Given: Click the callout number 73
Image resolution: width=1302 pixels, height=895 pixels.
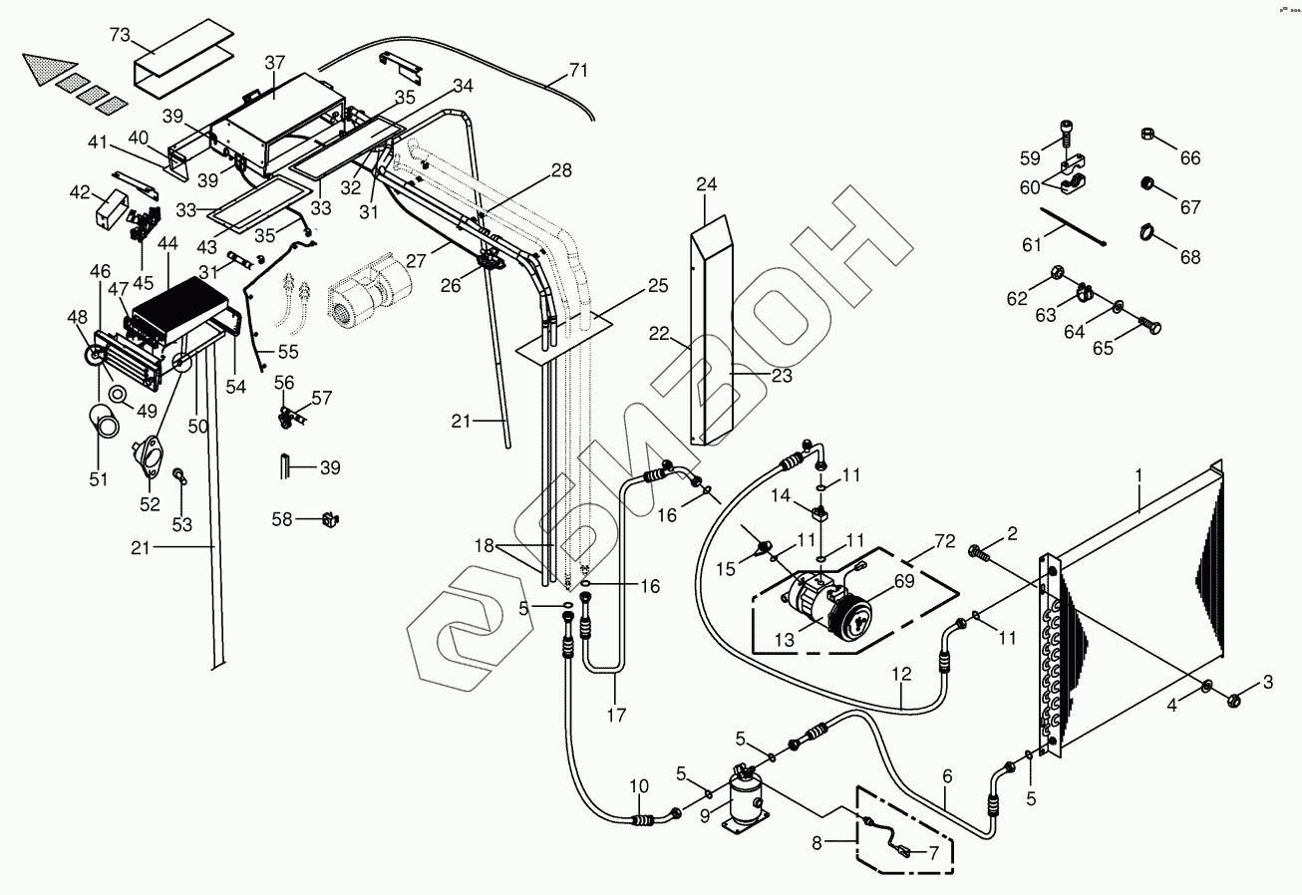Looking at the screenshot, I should pyautogui.click(x=120, y=35).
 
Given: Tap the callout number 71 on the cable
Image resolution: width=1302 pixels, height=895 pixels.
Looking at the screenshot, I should pyautogui.click(x=579, y=71).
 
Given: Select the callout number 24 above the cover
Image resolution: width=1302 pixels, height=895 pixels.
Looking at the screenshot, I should pyautogui.click(x=706, y=184).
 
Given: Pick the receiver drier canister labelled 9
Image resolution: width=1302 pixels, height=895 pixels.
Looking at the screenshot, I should pyautogui.click(x=742, y=797).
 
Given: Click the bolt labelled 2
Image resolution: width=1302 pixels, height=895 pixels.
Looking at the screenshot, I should pyautogui.click(x=980, y=550).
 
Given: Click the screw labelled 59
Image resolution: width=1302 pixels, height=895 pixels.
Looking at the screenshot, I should pyautogui.click(x=1065, y=133).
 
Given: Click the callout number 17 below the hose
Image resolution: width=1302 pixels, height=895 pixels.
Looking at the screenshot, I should pyautogui.click(x=617, y=715).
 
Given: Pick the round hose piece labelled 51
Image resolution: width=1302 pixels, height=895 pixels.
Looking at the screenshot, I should pyautogui.click(x=104, y=420).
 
